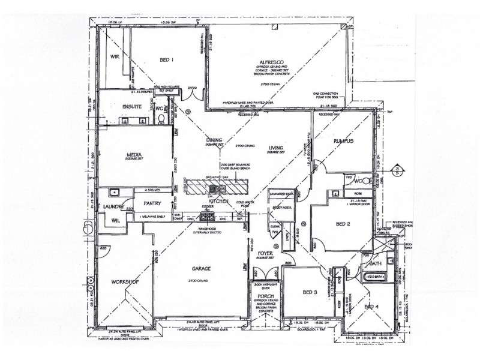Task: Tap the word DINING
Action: pos(214,139)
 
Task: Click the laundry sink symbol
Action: pos(113,193)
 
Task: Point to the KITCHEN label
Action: pos(218,202)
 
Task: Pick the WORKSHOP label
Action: pos(125,281)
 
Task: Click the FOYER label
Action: pos(266,253)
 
